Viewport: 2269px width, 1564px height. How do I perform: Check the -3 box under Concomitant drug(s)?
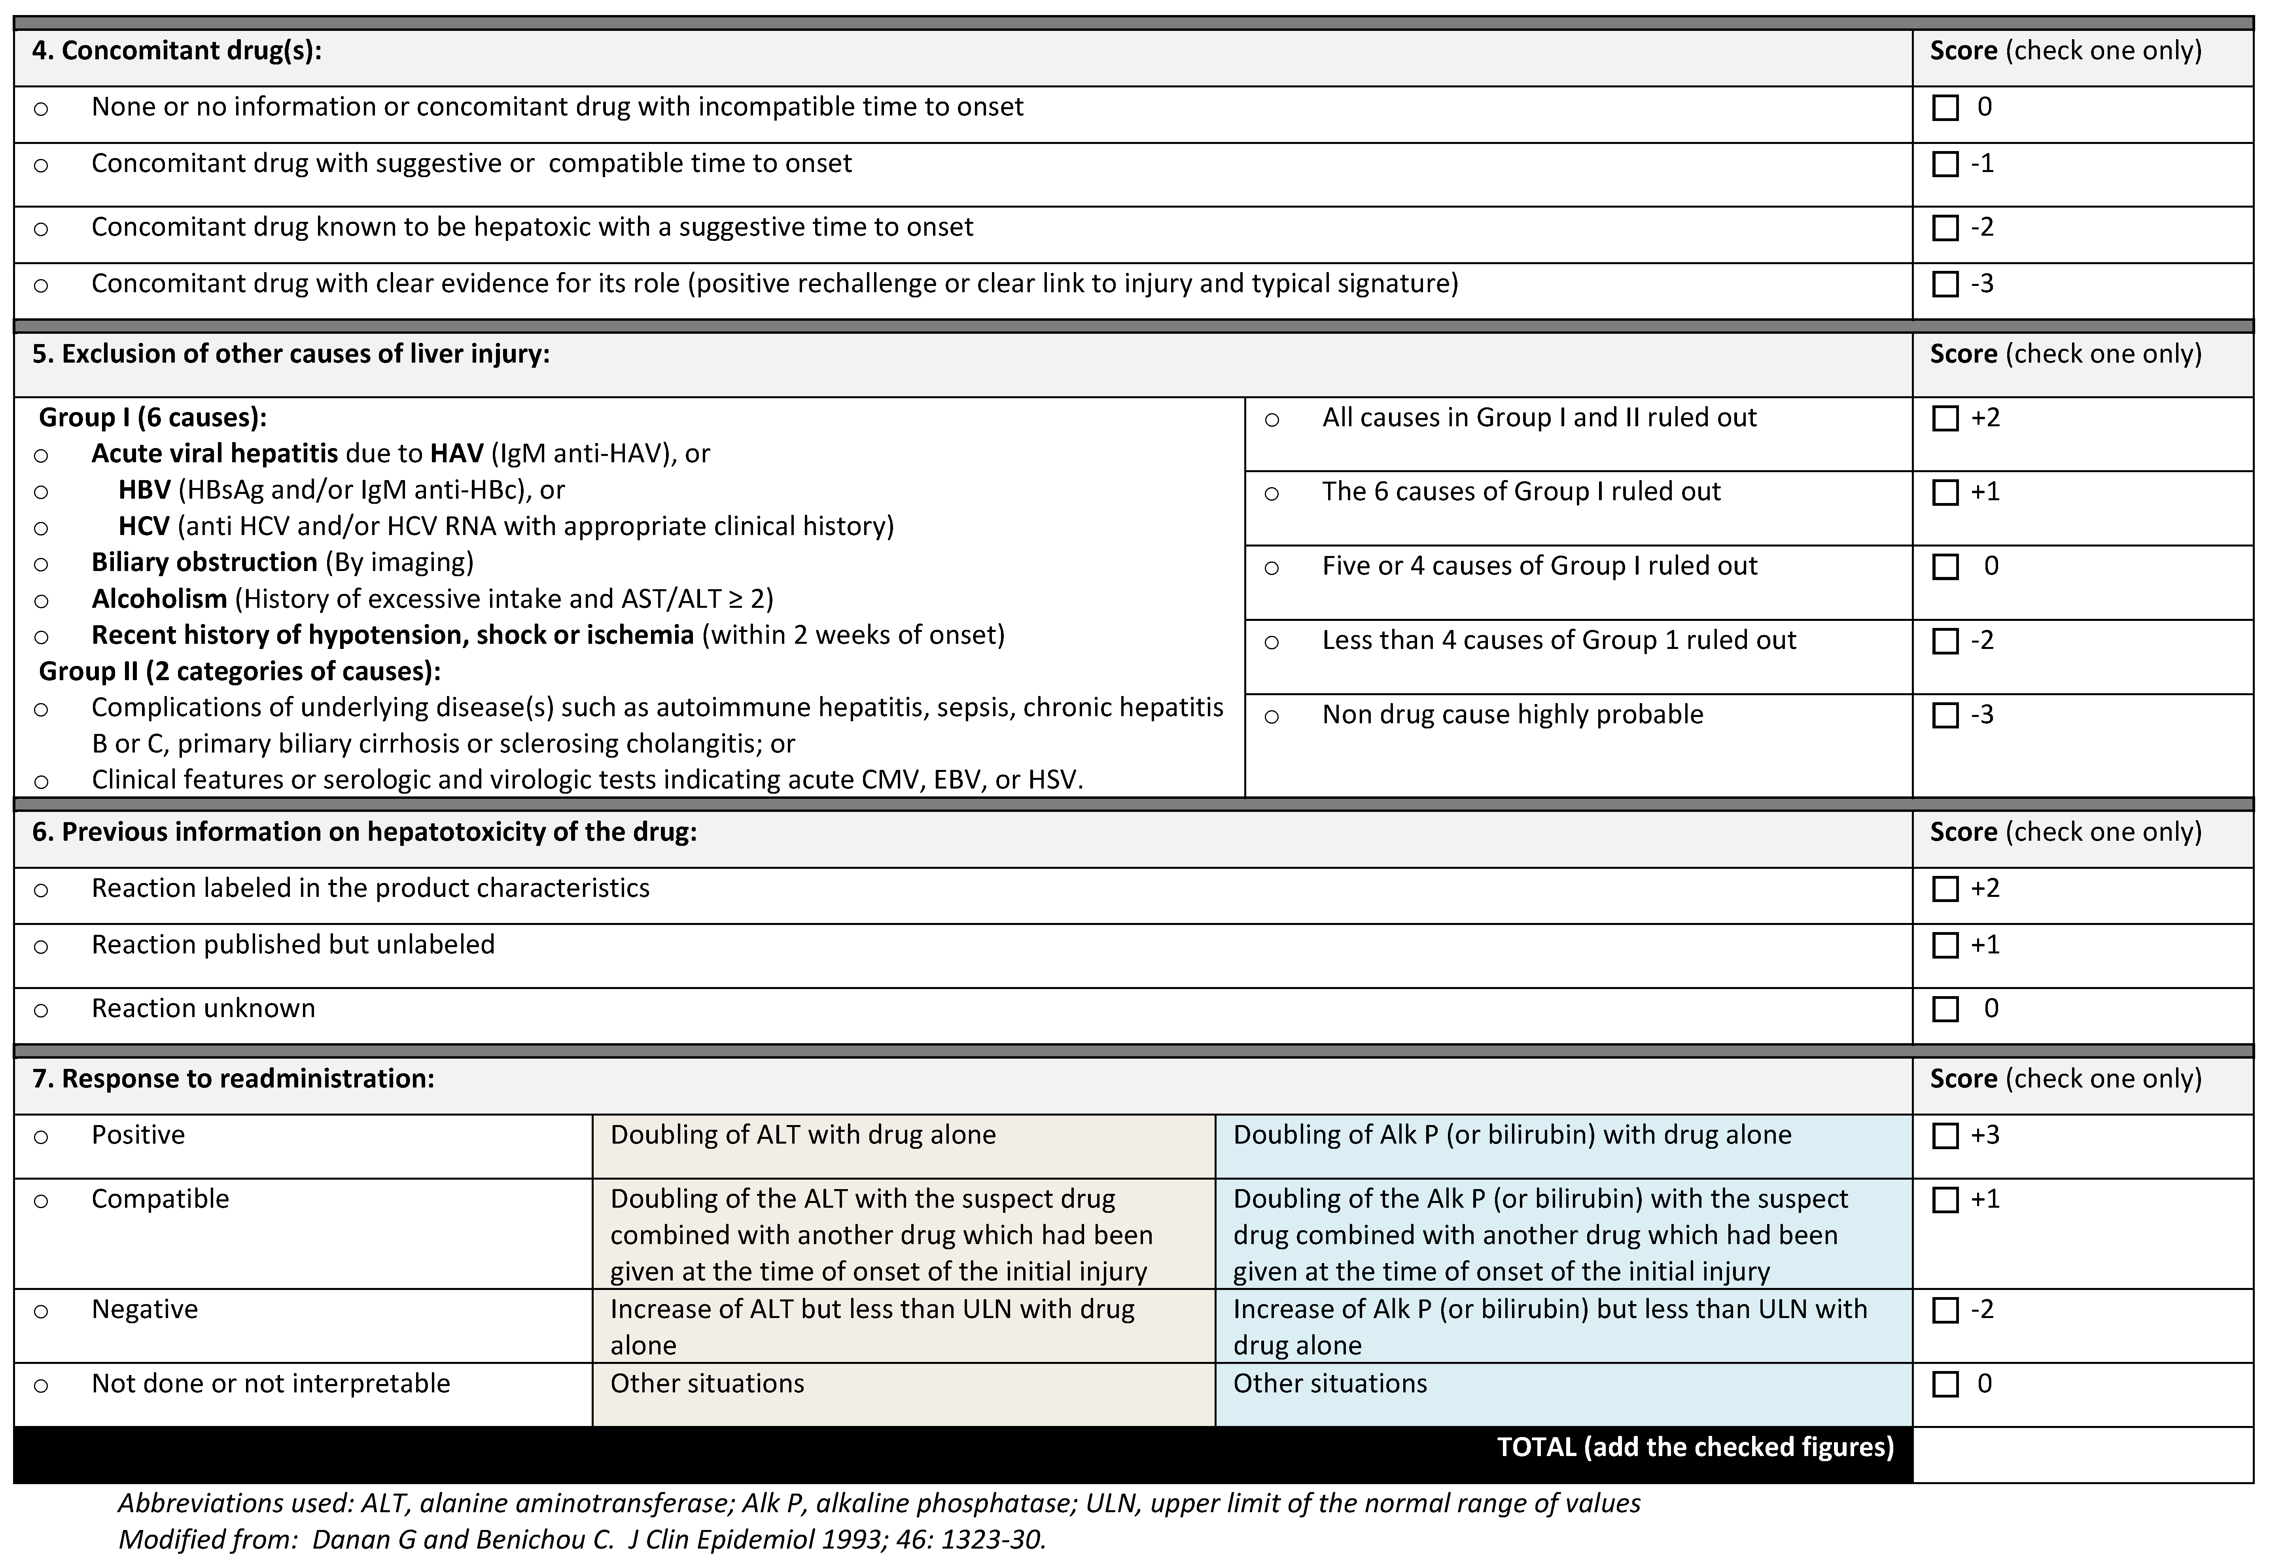[x=1945, y=284]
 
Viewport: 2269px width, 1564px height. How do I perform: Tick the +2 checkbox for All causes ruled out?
[x=1945, y=418]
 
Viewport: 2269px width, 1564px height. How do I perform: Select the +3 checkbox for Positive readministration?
[x=1945, y=1136]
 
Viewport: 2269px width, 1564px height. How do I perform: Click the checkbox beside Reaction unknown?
[x=1945, y=1009]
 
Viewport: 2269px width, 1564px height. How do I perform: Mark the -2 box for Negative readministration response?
[x=1945, y=1310]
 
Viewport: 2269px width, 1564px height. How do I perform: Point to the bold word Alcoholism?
[x=159, y=599]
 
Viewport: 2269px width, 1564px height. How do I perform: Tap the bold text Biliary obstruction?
[x=204, y=562]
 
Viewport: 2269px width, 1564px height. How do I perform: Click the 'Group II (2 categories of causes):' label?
[x=239, y=671]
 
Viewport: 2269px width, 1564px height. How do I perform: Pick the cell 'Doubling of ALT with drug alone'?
[x=803, y=1135]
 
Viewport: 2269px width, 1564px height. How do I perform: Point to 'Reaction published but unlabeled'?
[x=293, y=945]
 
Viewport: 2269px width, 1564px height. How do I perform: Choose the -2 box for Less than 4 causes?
[x=1945, y=641]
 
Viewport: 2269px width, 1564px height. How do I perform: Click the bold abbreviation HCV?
[x=144, y=526]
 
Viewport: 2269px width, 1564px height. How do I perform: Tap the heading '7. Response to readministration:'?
[x=233, y=1079]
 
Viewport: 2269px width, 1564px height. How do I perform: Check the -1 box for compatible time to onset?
[x=1945, y=164]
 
